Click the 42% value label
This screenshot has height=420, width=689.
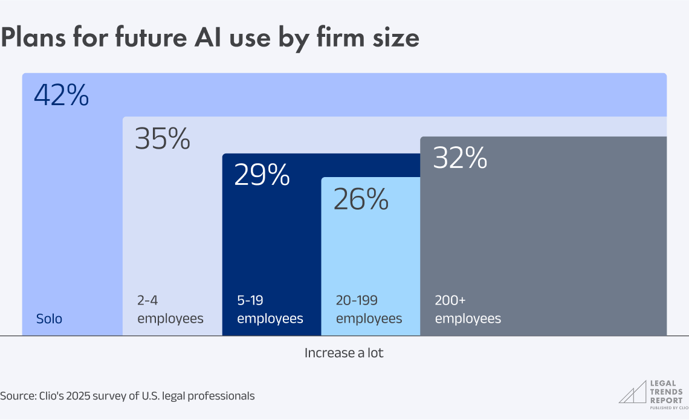tap(62, 95)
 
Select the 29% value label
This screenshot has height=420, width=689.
tap(262, 175)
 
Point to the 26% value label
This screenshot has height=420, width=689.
tap(361, 200)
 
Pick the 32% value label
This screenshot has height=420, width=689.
tap(461, 158)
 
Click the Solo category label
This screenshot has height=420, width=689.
tap(49, 318)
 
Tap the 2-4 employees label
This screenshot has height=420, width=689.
tap(170, 309)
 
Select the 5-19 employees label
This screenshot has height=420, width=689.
tap(270, 309)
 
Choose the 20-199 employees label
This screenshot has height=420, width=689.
tap(369, 309)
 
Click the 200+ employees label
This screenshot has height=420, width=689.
tap(468, 309)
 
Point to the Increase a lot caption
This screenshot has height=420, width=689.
tap(344, 353)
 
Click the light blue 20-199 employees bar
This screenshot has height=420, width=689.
tap(370, 254)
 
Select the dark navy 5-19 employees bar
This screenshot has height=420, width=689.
tap(271, 242)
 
